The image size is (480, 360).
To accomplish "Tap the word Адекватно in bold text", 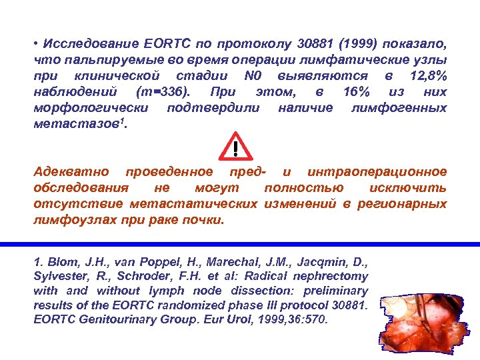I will click(73, 172).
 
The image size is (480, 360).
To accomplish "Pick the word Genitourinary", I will click(105, 319).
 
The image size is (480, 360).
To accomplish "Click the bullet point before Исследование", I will click(37, 44).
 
